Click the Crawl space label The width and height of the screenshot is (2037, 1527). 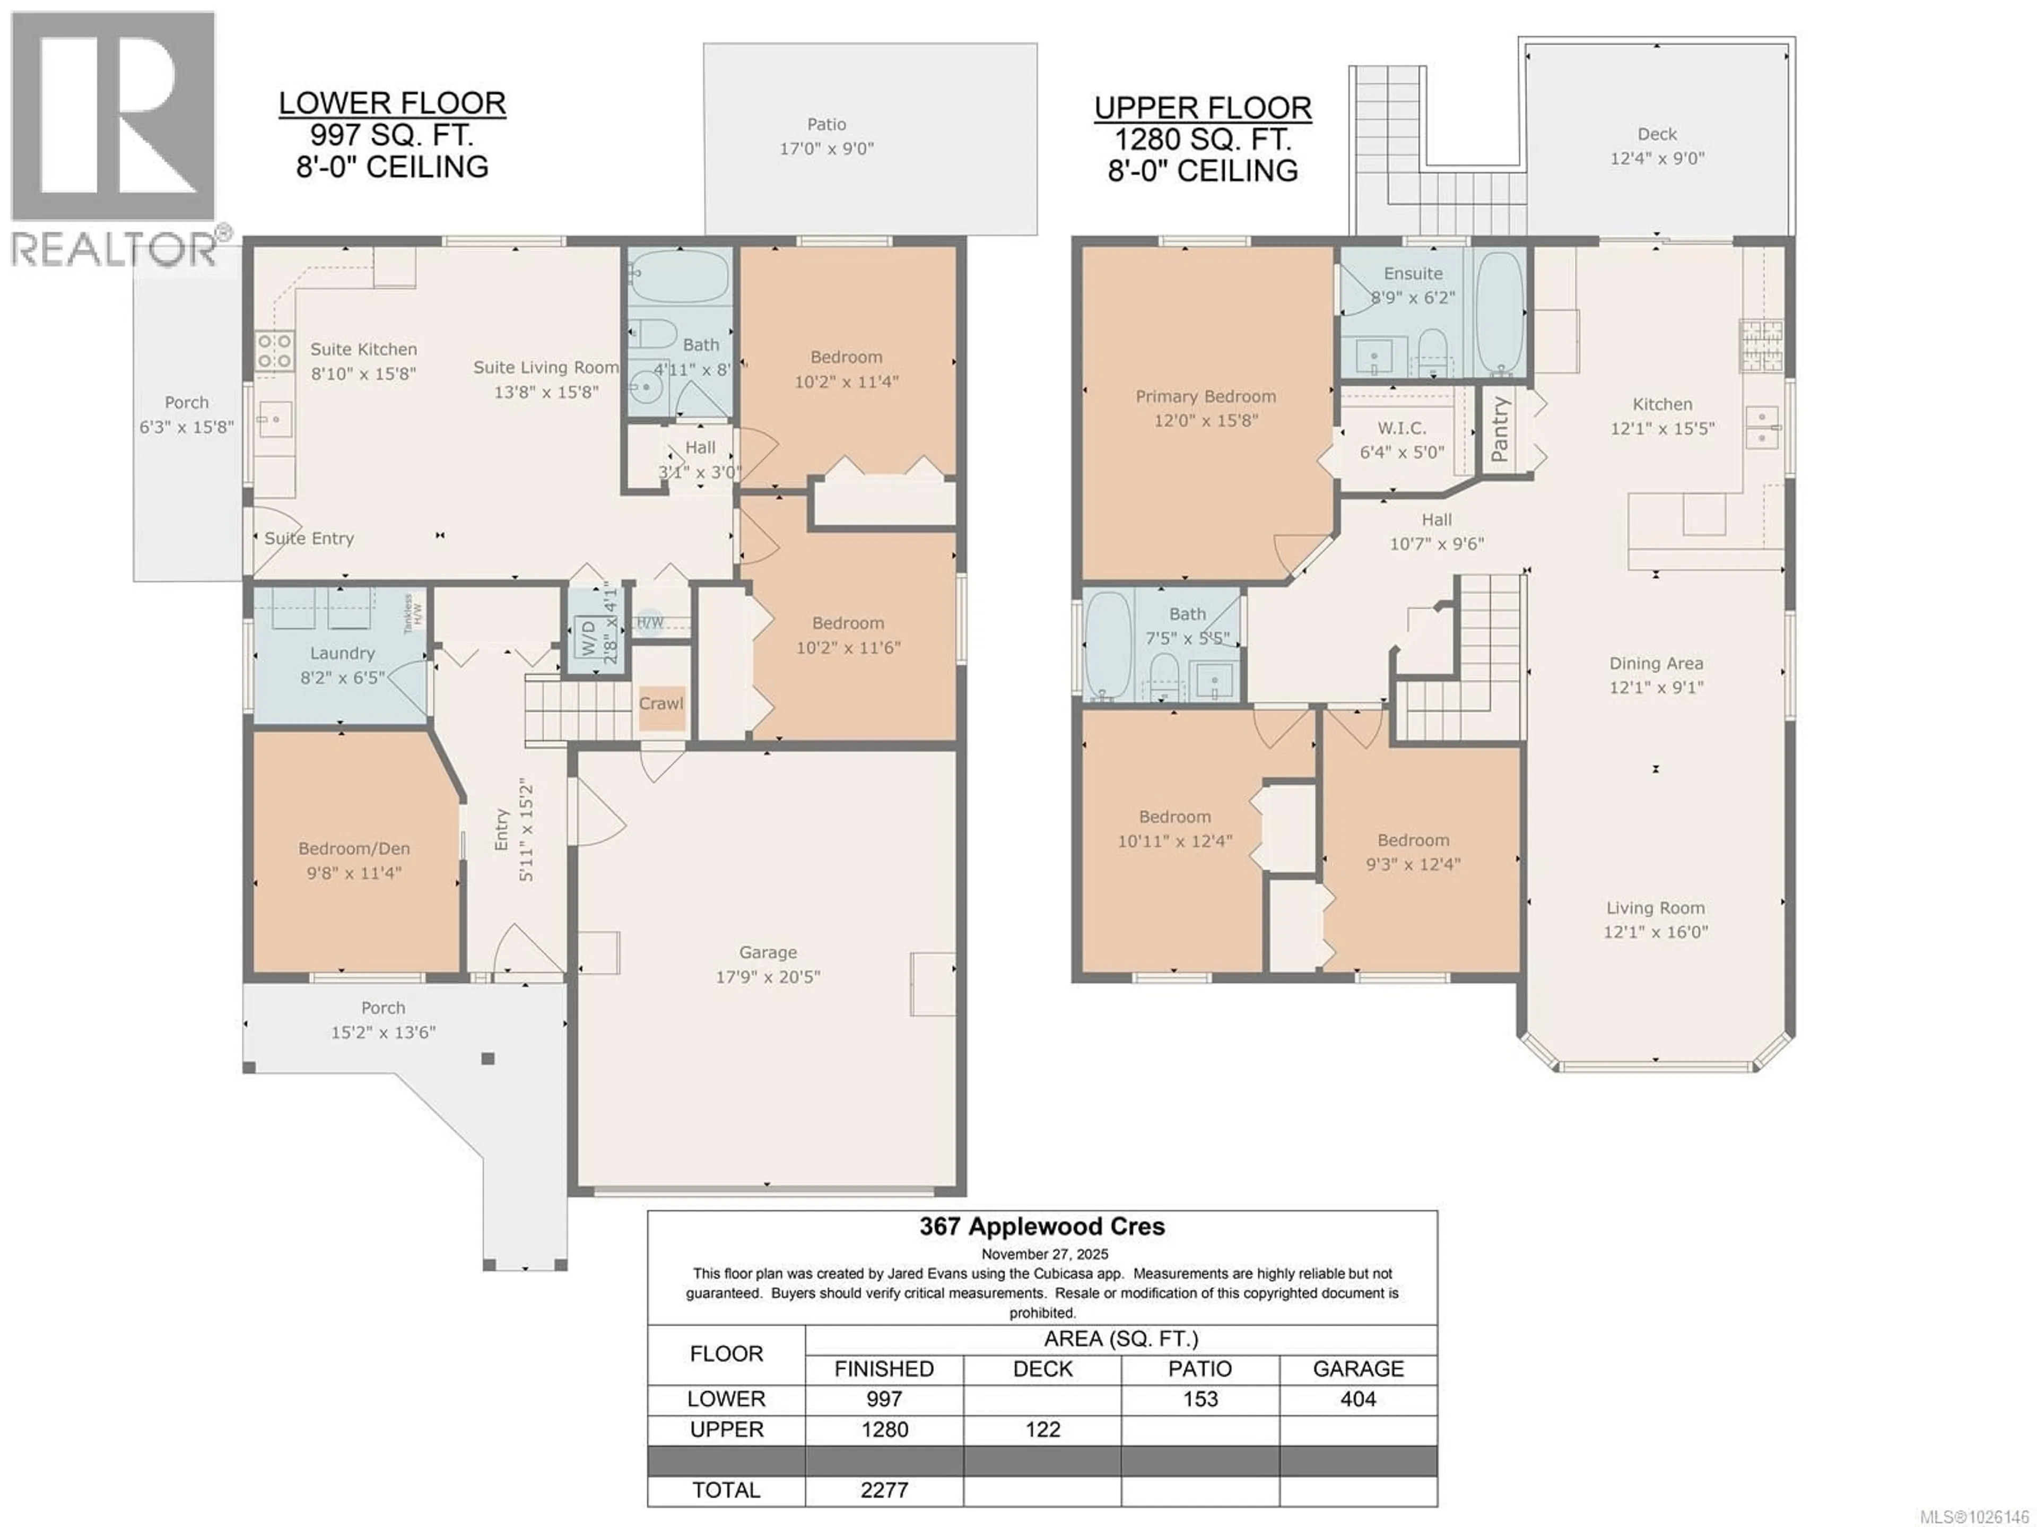661,704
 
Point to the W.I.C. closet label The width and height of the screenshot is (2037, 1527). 1401,428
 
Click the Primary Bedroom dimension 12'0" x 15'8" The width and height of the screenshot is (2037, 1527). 1205,421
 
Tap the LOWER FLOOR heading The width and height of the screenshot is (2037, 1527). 393,103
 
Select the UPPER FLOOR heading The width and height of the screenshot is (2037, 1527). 1203,108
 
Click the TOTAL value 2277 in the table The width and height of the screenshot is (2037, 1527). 884,1490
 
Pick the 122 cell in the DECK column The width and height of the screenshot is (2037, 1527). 1042,1429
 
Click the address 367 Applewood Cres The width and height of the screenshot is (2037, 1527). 1041,1227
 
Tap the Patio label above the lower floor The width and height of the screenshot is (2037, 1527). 826,124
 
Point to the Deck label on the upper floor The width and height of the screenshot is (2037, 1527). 1657,134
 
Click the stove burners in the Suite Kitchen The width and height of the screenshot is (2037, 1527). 274,351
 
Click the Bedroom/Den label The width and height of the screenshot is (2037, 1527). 354,849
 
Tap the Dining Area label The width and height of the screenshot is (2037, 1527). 1656,663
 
